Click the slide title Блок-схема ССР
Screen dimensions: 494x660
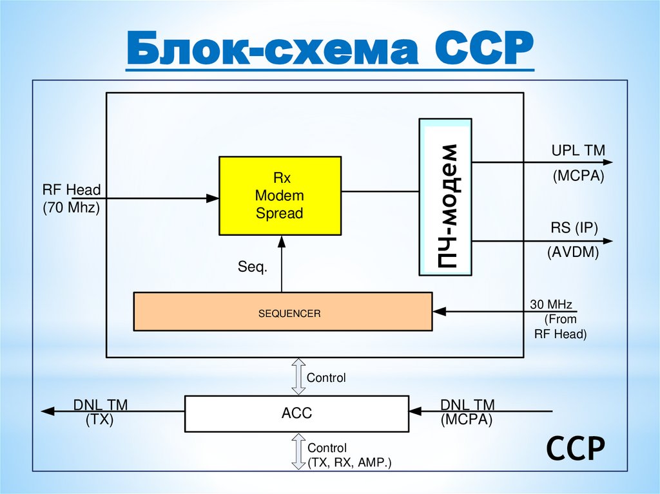329,50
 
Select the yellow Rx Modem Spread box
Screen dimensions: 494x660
279,195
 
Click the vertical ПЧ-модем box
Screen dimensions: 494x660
445,196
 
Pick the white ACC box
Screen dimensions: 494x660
296,413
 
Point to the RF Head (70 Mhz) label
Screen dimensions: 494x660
72,198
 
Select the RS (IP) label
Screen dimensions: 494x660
574,228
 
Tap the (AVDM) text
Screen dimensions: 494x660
574,252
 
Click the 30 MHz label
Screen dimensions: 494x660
551,304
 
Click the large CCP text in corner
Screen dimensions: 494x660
576,448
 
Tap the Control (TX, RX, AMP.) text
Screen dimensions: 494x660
349,455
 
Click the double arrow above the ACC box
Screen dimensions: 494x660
298,377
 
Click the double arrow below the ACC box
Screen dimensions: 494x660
298,451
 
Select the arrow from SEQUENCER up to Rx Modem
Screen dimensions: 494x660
281,264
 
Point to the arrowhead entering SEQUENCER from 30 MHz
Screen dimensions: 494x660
439,312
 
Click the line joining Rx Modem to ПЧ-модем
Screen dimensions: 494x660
380,191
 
